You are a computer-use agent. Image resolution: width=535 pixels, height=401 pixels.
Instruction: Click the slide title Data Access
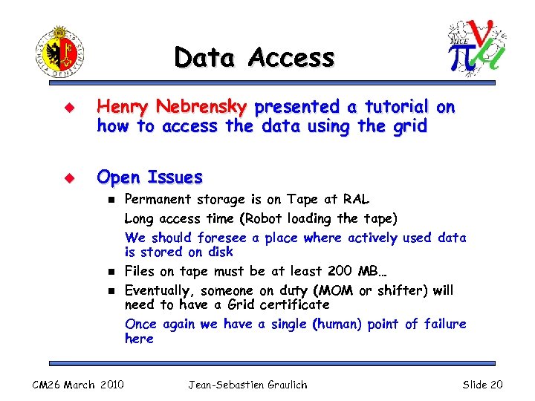tap(254, 57)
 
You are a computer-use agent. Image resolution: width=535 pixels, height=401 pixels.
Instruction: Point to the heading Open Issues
tap(150, 177)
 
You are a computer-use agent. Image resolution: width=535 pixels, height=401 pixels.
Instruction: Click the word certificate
tap(292, 304)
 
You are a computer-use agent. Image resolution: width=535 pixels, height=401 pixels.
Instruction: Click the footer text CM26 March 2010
tap(78, 384)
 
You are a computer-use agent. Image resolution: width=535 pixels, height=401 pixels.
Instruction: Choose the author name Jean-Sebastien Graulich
tap(247, 384)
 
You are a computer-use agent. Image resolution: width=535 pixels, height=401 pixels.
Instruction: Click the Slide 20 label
tap(482, 384)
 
